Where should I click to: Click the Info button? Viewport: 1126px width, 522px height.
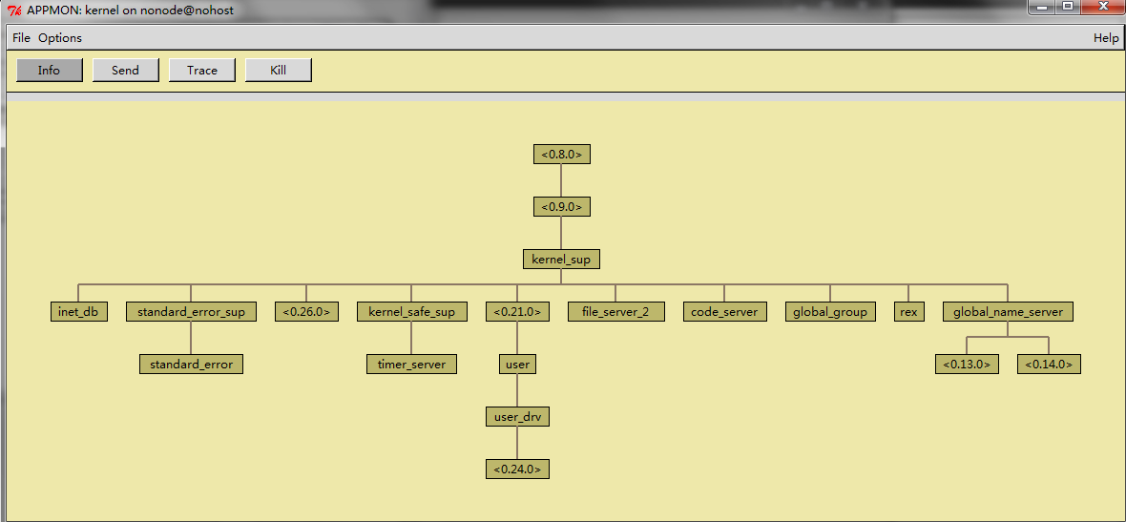50,71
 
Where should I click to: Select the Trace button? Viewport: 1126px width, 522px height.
202,71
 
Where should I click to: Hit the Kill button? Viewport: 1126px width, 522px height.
279,71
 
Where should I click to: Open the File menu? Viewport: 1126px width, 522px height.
22,38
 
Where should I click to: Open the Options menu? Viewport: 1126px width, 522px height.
60,38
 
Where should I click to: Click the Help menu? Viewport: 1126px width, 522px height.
1106,38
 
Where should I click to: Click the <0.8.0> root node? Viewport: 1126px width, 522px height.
562,154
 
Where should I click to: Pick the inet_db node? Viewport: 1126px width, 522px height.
79,311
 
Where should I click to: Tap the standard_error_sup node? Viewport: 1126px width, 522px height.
191,311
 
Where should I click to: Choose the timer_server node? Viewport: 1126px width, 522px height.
411,364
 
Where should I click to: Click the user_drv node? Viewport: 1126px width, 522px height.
517,416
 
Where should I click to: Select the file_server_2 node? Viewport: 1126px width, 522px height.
615,311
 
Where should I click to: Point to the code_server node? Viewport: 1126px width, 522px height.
724,311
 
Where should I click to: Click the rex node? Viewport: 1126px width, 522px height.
908,311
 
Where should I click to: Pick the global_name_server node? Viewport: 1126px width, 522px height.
1008,311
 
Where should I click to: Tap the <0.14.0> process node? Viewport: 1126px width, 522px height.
1049,364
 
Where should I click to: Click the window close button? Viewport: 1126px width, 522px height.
1100,8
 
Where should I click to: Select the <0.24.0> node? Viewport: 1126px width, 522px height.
517,469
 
